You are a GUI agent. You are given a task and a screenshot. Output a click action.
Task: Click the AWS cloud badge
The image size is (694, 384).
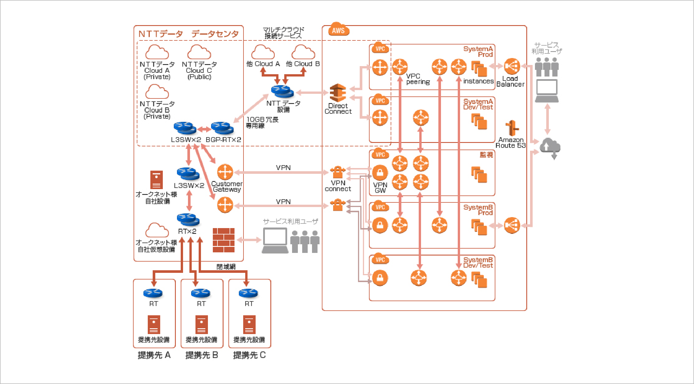pyautogui.click(x=338, y=30)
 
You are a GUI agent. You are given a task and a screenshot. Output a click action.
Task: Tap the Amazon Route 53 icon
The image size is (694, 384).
pyautogui.click(x=512, y=128)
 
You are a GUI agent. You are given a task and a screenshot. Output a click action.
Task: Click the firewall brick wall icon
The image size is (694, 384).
pyautogui.click(x=224, y=240)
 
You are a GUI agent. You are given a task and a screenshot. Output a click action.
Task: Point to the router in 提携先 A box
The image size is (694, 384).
pyautogui.click(x=153, y=293)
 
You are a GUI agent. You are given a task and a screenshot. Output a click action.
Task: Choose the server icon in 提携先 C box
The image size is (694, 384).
pyautogui.click(x=249, y=325)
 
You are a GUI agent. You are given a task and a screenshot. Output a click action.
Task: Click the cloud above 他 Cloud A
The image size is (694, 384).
pyautogui.click(x=263, y=52)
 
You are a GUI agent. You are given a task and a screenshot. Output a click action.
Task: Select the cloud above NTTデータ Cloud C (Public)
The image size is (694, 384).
pyautogui.click(x=199, y=52)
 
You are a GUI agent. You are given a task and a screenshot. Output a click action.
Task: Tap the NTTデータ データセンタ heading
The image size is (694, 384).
pyautogui.click(x=189, y=34)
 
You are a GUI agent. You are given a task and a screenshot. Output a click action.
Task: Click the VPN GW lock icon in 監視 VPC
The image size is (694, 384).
pyautogui.click(x=380, y=172)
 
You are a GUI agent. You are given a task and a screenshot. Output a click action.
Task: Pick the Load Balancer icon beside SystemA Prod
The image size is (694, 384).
pyautogui.click(x=512, y=66)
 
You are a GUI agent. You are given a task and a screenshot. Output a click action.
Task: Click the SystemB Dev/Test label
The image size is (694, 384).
pyautogui.click(x=478, y=263)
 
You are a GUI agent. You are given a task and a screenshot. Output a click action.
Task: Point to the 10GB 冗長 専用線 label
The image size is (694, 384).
pyautogui.click(x=262, y=122)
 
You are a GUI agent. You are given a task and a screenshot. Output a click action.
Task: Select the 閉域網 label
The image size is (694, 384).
pyautogui.click(x=226, y=266)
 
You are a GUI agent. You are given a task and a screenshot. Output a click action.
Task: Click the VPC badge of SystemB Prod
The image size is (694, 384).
pyautogui.click(x=380, y=207)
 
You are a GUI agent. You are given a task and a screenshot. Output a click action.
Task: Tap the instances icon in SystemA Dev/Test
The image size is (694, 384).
pyautogui.click(x=479, y=121)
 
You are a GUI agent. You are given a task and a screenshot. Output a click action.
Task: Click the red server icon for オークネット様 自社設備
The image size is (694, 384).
pyautogui.click(x=156, y=180)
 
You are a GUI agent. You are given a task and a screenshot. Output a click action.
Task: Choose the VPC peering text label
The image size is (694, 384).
pyautogui.click(x=418, y=79)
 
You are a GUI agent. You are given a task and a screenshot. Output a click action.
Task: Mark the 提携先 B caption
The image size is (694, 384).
pyautogui.click(x=202, y=355)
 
